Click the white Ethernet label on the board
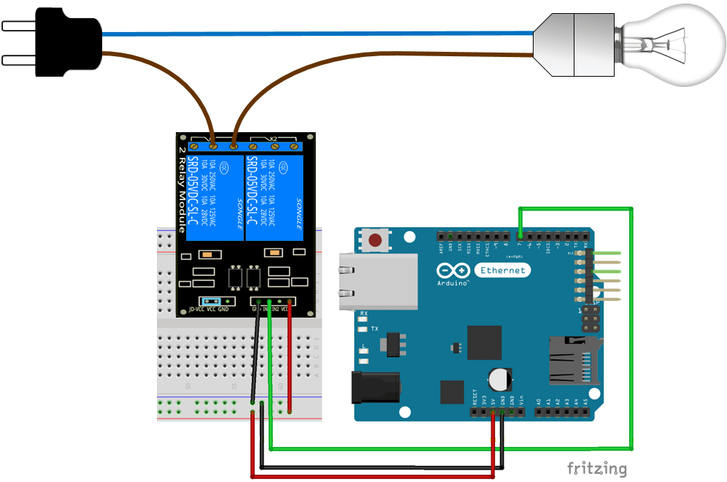(503, 270)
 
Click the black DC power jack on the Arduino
(377, 388)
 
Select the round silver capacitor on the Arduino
(500, 378)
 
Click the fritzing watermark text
(596, 468)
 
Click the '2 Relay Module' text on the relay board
(182, 190)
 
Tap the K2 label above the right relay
(274, 138)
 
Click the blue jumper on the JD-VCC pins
(212, 300)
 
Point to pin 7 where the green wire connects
(520, 236)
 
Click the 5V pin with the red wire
(493, 413)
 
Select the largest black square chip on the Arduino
(484, 343)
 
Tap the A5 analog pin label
(586, 402)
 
